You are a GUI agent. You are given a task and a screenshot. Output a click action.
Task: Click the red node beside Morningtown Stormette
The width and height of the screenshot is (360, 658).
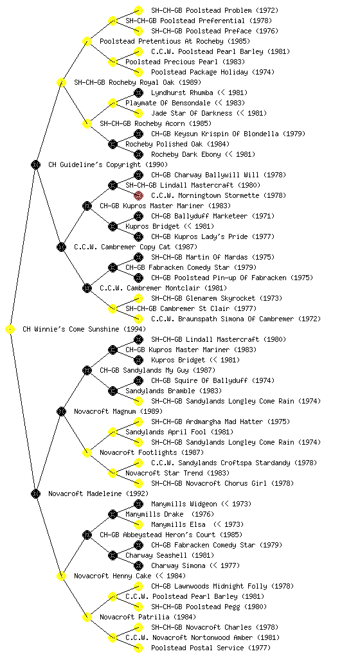point(138,195)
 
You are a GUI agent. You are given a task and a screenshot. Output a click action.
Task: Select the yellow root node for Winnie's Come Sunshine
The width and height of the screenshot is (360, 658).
point(10,330)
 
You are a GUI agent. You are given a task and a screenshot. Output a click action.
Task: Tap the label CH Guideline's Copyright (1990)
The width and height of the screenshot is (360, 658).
point(108,164)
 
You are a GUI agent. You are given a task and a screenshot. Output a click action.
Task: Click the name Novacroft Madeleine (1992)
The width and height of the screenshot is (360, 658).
point(98,493)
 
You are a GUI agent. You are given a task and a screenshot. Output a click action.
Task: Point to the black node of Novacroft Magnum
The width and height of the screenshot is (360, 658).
point(61,412)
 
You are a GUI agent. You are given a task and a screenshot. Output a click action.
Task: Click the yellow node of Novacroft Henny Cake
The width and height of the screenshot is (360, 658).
point(61,576)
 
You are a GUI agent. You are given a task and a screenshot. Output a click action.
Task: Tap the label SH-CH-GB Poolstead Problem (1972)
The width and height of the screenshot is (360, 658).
point(215,10)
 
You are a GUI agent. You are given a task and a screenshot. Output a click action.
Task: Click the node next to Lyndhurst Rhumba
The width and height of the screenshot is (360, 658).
point(138,93)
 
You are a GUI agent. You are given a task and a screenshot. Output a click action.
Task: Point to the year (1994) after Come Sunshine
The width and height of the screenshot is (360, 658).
point(135,330)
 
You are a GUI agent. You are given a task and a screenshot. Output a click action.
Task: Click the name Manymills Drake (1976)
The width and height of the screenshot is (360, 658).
point(170,514)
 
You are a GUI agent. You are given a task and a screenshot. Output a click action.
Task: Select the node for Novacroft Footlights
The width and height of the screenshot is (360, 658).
point(87,453)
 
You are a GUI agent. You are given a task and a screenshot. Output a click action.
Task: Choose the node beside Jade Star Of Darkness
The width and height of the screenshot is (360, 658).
point(138,113)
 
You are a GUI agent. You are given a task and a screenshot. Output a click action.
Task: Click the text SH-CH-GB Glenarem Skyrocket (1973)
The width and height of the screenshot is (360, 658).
point(217,298)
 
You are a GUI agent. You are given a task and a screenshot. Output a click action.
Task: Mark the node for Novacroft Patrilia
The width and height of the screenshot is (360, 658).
point(87,618)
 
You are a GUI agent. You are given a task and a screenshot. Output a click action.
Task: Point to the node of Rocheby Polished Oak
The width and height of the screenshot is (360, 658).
point(113,145)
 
